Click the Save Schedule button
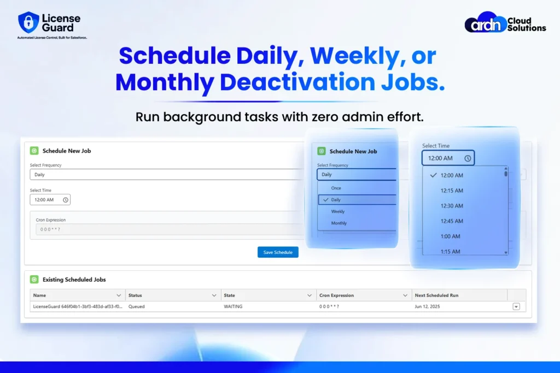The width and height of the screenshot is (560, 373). point(278,252)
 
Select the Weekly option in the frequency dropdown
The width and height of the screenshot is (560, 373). point(337,211)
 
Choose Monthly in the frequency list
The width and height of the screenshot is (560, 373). point(339,223)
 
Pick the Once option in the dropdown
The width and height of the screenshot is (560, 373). point(336,188)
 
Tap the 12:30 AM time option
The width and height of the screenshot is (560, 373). point(452,206)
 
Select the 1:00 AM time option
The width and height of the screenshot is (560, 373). point(451,236)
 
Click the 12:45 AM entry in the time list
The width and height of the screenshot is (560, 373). point(452,221)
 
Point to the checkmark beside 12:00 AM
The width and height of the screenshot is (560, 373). point(433,175)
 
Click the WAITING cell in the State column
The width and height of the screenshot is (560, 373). point(233,306)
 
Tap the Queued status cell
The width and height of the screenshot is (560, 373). point(136,306)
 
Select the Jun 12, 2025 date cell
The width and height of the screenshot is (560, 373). point(427,306)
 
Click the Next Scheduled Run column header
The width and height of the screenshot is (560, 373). point(436,295)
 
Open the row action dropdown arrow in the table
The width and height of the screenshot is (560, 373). point(516,306)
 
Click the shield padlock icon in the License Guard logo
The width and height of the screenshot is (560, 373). point(28,22)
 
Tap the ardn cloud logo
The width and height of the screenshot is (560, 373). point(486,22)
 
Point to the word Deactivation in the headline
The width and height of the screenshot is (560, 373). point(297,82)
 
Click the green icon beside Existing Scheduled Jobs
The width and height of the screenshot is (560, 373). point(34,280)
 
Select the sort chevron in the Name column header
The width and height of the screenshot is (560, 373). point(119,295)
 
